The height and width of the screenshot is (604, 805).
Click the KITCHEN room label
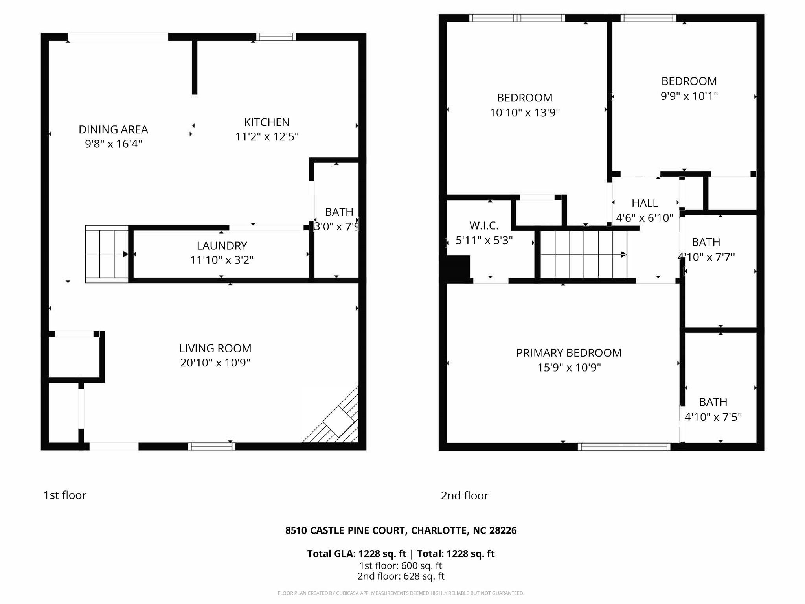(266, 122)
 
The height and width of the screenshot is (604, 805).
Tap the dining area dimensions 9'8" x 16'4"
(113, 144)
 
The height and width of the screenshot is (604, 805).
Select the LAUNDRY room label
(222, 246)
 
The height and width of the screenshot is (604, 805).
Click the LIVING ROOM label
(215, 348)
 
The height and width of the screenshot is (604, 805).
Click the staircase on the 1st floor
(107, 254)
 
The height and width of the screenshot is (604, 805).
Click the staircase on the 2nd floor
(583, 254)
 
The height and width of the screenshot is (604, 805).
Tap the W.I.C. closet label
(483, 226)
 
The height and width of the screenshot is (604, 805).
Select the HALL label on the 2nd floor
(644, 203)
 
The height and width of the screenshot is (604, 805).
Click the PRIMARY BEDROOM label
(568, 353)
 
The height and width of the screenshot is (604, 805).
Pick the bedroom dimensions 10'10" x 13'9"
(524, 113)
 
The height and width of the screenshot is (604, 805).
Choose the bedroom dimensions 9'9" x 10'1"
(689, 96)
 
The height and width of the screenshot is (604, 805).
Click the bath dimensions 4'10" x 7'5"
(713, 417)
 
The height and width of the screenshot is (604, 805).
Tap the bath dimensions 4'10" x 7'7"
(706, 257)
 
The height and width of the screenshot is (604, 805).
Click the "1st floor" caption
(65, 495)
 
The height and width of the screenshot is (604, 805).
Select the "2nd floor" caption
(464, 495)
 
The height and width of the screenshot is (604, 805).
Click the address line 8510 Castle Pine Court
(401, 530)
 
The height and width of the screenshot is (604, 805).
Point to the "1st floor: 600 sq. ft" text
(400, 566)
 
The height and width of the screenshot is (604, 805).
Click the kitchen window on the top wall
(276, 37)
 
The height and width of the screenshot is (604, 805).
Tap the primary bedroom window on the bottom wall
(624, 447)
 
